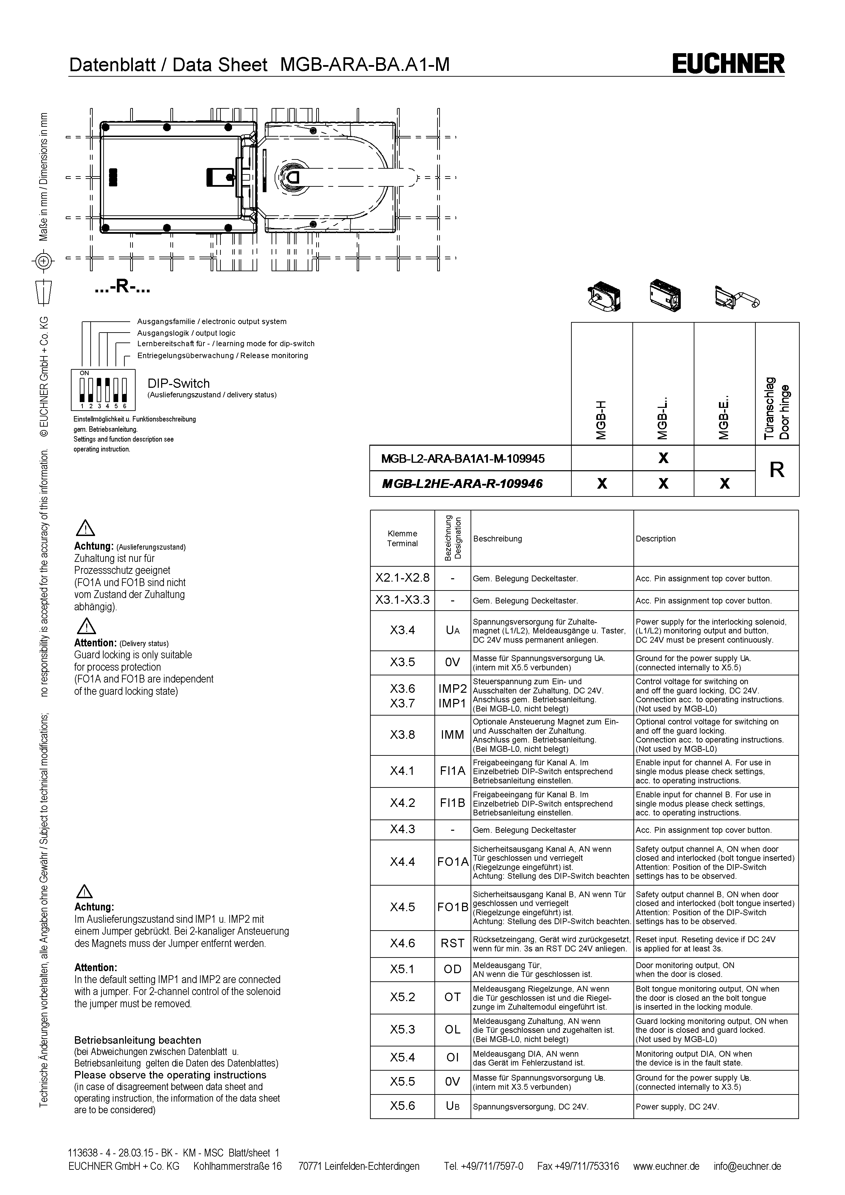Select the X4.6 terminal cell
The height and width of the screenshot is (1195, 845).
click(402, 943)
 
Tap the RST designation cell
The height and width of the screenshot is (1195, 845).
click(452, 943)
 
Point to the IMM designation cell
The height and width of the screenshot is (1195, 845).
click(452, 735)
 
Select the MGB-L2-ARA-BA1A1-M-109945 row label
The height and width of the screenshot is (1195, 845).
click(463, 459)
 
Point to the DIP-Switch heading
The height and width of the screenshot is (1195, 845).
click(179, 384)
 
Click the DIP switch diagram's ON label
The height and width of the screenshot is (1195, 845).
click(84, 373)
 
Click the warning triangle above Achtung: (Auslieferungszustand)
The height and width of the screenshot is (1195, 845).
click(85, 528)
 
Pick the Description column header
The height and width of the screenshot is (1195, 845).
click(655, 539)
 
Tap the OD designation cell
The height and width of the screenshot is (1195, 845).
click(452, 969)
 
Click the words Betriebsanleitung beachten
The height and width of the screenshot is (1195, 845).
click(137, 1040)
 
